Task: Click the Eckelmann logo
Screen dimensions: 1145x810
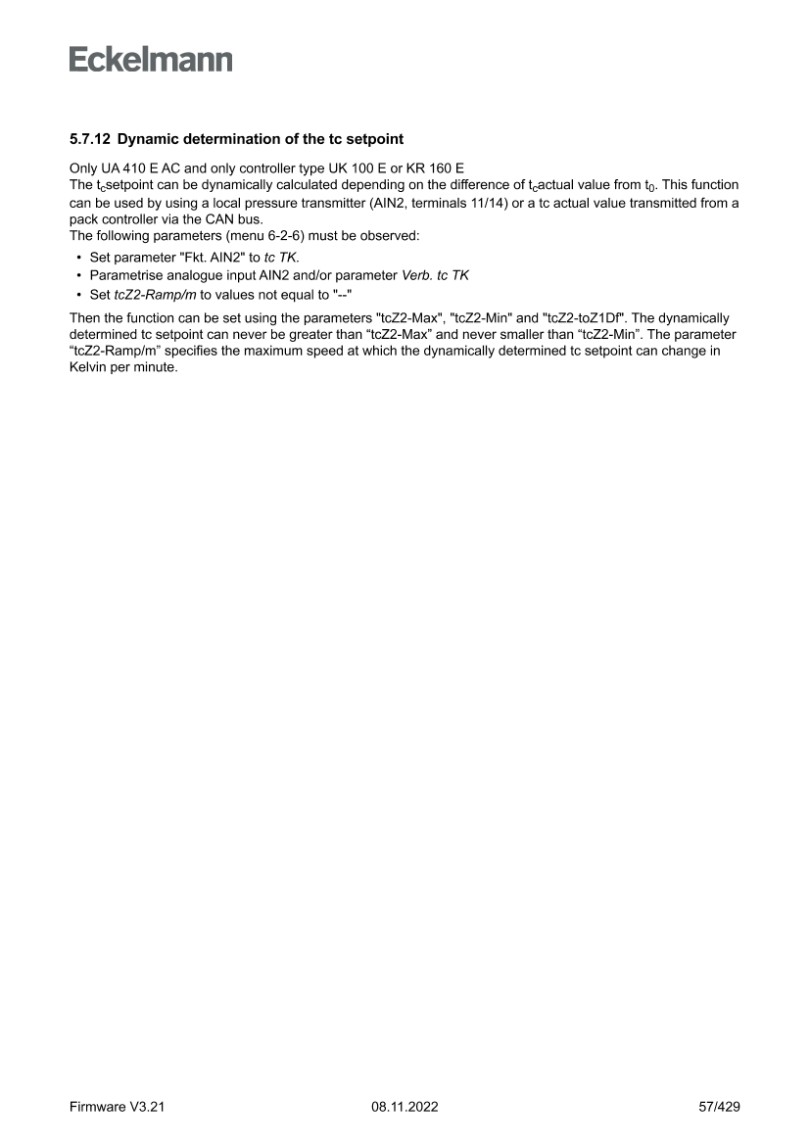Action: [x=151, y=60]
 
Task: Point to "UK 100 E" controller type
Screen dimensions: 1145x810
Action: [x=338, y=167]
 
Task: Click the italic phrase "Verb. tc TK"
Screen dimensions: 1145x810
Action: [x=435, y=275]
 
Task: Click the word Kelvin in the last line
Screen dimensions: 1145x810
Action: [x=91, y=369]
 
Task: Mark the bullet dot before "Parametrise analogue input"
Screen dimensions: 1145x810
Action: [x=77, y=276]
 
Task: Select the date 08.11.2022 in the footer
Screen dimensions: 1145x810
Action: [x=405, y=1107]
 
